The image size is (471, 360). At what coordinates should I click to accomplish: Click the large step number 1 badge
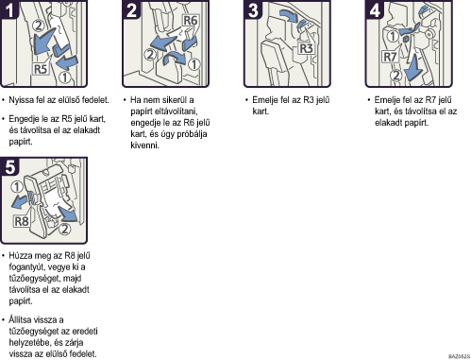click(9, 9)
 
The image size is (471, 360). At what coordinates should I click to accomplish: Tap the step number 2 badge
click(131, 9)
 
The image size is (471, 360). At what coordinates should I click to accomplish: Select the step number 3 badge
click(253, 9)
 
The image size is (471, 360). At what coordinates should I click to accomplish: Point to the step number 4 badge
click(375, 9)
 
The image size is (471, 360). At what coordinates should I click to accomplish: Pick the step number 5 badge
click(9, 165)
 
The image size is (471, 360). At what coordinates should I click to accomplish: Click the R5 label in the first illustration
click(41, 69)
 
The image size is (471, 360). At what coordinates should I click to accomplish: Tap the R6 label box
click(190, 21)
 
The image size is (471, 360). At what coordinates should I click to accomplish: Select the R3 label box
click(306, 48)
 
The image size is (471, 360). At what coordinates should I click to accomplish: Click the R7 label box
click(390, 57)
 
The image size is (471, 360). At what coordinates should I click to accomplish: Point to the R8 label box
click(22, 221)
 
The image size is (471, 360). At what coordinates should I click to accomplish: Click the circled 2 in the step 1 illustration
click(39, 26)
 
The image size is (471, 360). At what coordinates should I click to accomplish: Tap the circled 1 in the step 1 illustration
click(65, 77)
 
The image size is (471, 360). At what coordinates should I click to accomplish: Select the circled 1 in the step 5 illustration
click(17, 187)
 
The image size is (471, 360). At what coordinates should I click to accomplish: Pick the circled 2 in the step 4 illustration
click(396, 76)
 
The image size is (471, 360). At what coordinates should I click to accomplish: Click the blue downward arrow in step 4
click(414, 68)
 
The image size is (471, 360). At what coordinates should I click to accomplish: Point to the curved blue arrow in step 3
click(289, 15)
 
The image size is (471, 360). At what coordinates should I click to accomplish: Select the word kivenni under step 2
click(144, 146)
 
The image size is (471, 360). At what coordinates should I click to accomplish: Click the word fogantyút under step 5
click(26, 267)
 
